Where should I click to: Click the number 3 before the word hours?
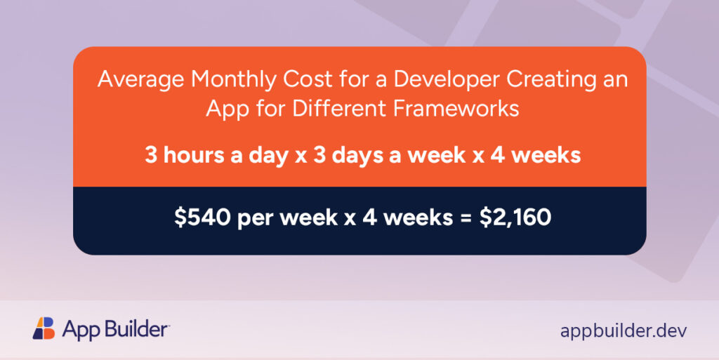click(x=150, y=154)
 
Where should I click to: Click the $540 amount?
click(x=202, y=218)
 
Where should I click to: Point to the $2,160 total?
click(x=515, y=218)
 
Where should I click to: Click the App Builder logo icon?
click(x=44, y=328)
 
